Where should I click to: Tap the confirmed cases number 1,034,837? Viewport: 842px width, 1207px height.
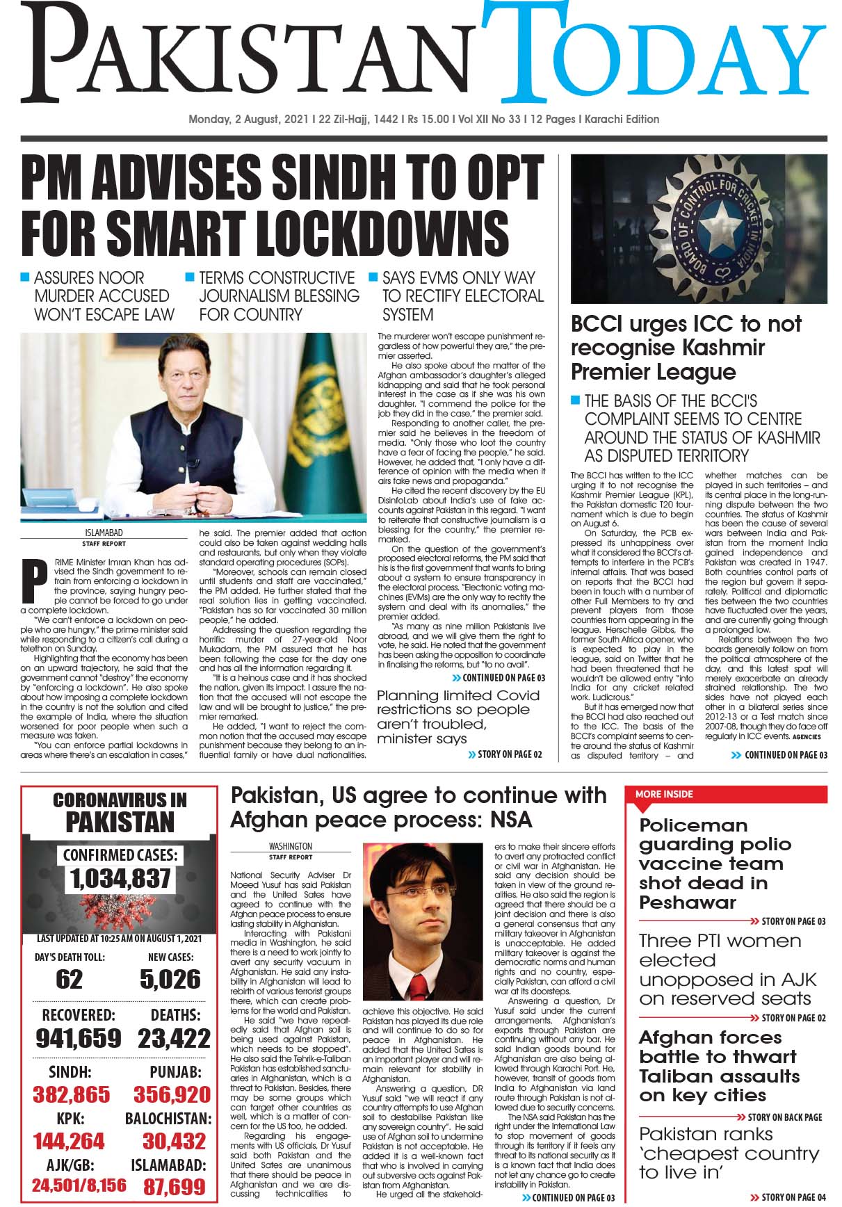pyautogui.click(x=120, y=879)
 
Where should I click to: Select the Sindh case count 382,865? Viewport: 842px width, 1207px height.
pyautogui.click(x=72, y=1094)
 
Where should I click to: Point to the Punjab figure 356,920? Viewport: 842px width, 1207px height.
pyautogui.click(x=172, y=1094)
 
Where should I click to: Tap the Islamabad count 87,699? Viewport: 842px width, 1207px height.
pyautogui.click(x=174, y=1186)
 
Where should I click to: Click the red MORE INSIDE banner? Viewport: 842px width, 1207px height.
pyautogui.click(x=727, y=794)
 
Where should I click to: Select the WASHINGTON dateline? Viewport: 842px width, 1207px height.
pyautogui.click(x=290, y=847)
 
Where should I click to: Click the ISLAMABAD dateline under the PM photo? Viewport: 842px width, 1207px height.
pyautogui.click(x=104, y=533)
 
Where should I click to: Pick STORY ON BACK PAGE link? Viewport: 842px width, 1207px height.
pyautogui.click(x=784, y=1117)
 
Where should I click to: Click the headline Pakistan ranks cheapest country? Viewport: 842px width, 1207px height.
pyautogui.click(x=729, y=1153)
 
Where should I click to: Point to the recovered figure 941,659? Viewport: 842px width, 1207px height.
pyautogui.click(x=79, y=1039)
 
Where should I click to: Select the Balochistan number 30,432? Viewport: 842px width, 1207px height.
pyautogui.click(x=174, y=1141)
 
